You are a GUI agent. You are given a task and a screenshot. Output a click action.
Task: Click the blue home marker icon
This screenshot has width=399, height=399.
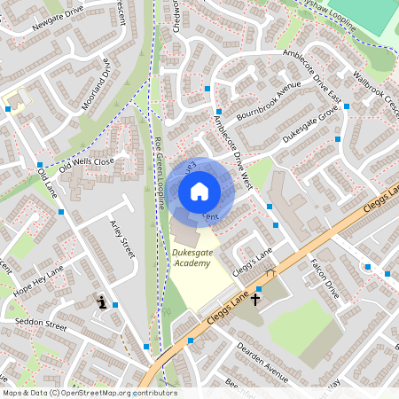tap(199, 192)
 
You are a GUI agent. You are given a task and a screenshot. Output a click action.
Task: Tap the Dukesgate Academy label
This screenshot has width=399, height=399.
tap(192, 256)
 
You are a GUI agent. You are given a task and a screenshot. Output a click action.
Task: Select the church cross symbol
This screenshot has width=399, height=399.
tap(256, 300)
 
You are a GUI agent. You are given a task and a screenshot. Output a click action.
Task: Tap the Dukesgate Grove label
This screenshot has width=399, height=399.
tap(310, 125)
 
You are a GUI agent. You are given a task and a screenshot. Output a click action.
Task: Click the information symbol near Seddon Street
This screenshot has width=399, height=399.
tap(102, 302)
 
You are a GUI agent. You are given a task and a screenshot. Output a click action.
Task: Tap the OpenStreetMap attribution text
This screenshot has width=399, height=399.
tap(89, 393)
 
